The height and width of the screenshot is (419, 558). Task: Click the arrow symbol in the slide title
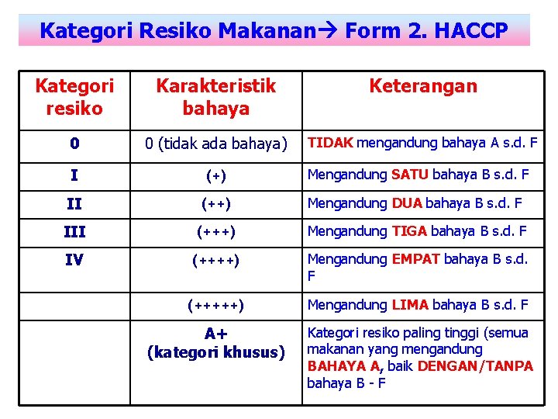click(331, 31)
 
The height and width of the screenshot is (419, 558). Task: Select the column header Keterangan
click(422, 86)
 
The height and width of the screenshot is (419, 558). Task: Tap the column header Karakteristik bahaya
click(215, 97)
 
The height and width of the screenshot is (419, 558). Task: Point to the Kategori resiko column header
click(74, 97)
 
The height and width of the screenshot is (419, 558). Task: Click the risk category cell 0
click(74, 144)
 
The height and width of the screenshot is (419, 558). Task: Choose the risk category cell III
click(74, 231)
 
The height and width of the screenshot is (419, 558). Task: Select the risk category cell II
click(74, 204)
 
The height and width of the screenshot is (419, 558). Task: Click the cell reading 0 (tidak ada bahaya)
click(215, 144)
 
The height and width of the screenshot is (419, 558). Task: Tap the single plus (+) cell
click(215, 176)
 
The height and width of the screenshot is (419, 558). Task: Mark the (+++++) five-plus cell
click(215, 306)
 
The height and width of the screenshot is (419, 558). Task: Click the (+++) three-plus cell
click(215, 231)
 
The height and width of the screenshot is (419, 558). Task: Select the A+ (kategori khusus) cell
click(215, 343)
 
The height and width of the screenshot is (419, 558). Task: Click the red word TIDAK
click(331, 143)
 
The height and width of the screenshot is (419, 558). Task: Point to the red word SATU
click(409, 175)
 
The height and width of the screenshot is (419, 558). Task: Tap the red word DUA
click(407, 204)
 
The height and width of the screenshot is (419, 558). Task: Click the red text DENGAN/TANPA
click(475, 365)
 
